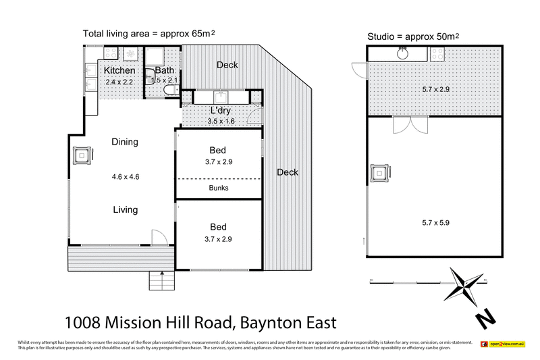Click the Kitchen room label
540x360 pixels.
pyautogui.click(x=119, y=70)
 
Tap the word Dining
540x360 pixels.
pyautogui.click(x=125, y=142)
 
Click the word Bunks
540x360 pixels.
pyautogui.click(x=218, y=188)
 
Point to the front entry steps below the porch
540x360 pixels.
pyautogui.click(x=157, y=279)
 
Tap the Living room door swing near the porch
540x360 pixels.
pyautogui.click(x=158, y=237)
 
